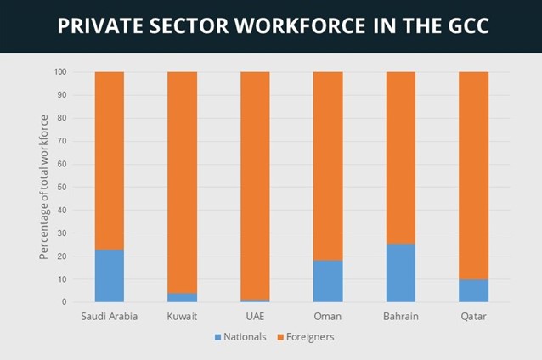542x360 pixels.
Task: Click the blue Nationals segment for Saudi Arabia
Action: [x=110, y=276]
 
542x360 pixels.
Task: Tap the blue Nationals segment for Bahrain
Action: [x=401, y=273]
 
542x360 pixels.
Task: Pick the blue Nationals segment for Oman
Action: [x=328, y=281]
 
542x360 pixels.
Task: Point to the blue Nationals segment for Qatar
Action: [x=474, y=290]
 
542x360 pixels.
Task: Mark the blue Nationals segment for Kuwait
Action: [x=183, y=297]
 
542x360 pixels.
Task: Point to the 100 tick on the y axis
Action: [x=60, y=72]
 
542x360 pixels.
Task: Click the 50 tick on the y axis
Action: [x=62, y=187]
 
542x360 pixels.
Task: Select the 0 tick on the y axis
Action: [x=65, y=302]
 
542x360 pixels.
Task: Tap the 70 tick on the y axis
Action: [x=62, y=141]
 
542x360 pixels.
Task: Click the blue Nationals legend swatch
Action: [x=217, y=337]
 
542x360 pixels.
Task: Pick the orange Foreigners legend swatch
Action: [x=279, y=337]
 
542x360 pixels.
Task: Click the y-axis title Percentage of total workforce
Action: [x=43, y=187]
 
